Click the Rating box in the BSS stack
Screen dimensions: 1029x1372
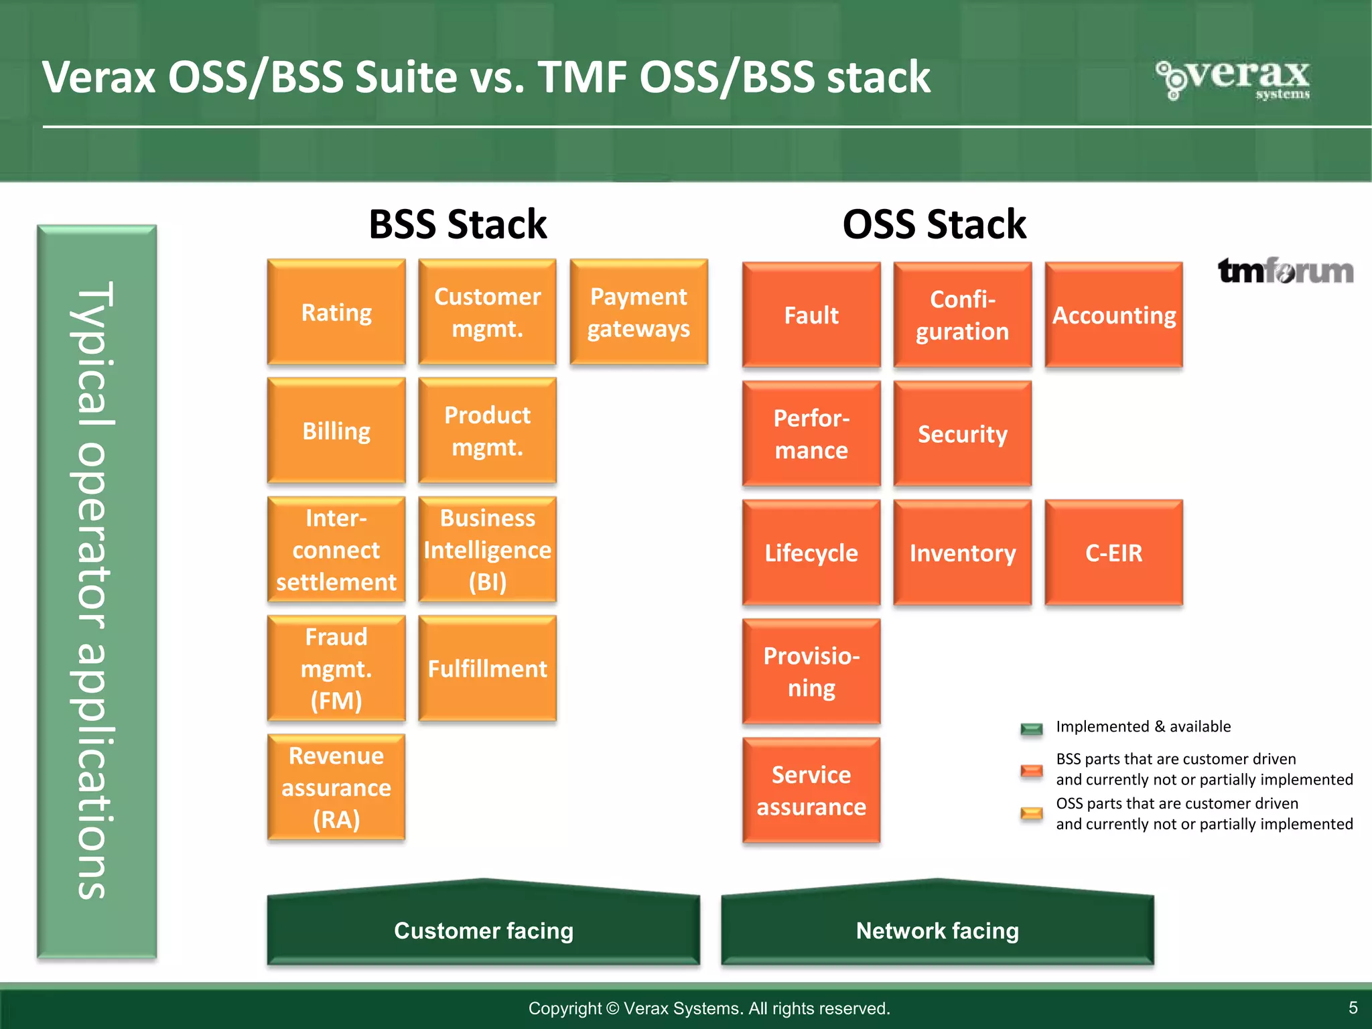[336, 312]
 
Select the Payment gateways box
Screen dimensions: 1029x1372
[638, 312]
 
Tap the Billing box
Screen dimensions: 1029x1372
[336, 431]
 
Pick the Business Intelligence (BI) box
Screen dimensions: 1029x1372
[487, 549]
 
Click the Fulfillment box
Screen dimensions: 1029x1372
[487, 668]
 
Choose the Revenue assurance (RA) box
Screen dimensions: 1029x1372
[336, 787]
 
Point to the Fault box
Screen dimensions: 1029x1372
[811, 315]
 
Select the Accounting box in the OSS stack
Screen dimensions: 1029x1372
[1113, 315]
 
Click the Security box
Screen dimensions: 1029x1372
[962, 433]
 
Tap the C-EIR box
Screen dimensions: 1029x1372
[1113, 553]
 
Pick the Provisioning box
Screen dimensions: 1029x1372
[811, 671]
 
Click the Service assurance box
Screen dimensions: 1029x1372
[811, 791]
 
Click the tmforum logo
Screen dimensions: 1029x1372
[1285, 271]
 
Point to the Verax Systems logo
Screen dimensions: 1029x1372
[1234, 79]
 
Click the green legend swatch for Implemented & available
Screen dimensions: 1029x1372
[1031, 728]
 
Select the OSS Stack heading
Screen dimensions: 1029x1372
[934, 224]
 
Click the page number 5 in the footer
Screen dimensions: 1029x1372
[1353, 1008]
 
